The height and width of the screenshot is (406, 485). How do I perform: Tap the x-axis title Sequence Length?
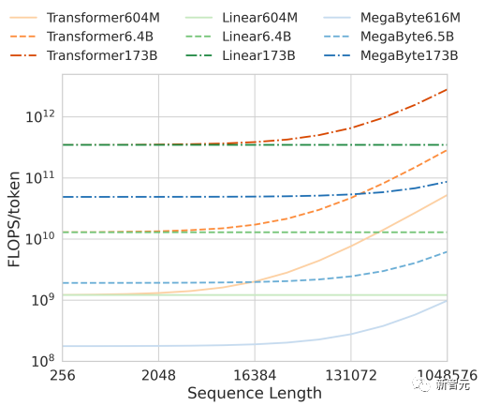tap(254, 393)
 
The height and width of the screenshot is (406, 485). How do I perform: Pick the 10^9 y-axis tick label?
tap(42, 300)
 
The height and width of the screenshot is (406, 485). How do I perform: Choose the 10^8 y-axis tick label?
tap(42, 361)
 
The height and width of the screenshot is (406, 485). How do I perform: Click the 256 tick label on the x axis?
tap(62, 375)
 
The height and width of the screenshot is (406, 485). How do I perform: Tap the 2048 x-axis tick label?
tap(158, 375)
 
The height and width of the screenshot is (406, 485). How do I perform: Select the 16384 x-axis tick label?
tap(254, 375)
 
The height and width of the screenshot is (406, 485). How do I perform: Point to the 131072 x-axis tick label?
tap(350, 375)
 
